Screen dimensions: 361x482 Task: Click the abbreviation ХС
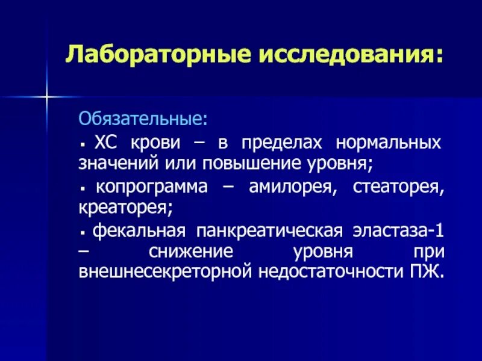(x=106, y=144)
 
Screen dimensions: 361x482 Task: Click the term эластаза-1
(x=401, y=231)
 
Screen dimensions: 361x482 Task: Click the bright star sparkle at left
(x=46, y=96)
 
